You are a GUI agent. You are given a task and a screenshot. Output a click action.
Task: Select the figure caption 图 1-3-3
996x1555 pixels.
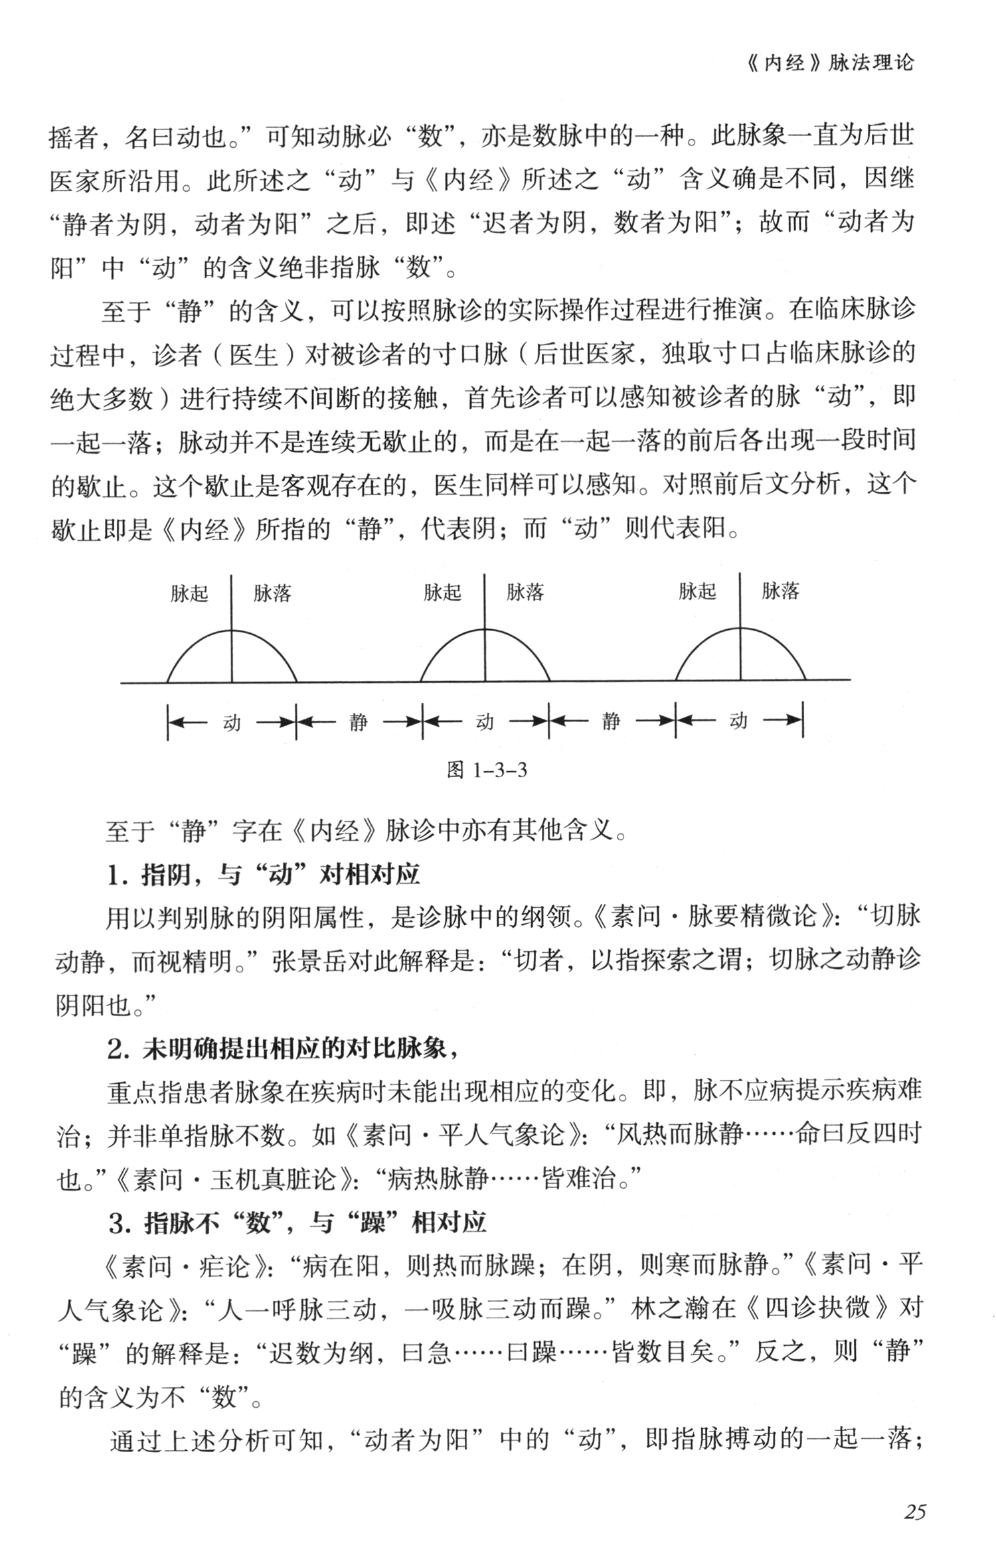point(487,770)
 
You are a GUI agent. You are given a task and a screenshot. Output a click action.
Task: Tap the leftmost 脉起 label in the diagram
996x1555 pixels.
point(189,593)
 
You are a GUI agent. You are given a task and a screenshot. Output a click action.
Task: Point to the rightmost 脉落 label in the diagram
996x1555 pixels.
point(780,591)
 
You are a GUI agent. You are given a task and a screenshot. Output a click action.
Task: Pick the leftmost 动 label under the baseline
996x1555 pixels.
point(232,722)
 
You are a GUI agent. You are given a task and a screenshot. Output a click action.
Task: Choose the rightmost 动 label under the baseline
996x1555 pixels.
point(738,721)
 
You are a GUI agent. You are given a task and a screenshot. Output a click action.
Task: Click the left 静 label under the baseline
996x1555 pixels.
point(359,722)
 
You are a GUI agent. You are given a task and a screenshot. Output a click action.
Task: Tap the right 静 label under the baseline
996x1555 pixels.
point(612,721)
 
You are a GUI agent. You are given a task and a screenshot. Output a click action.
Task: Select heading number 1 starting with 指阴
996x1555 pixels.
point(263,875)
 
